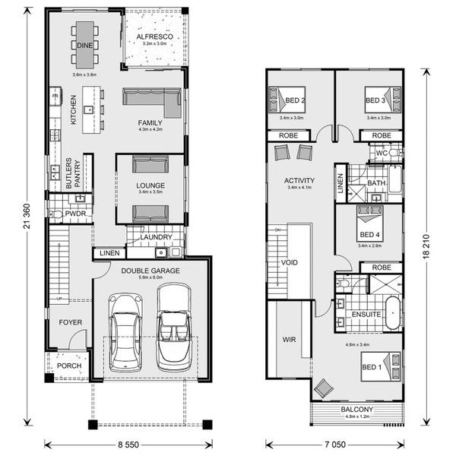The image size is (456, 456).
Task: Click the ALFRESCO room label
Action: [x=156, y=36]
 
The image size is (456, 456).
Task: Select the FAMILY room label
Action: [x=150, y=122]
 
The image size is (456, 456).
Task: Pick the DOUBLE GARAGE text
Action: [x=150, y=270]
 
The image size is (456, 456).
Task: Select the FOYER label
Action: [x=70, y=323]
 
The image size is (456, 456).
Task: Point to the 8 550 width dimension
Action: [x=127, y=442]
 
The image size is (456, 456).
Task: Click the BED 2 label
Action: [x=296, y=100]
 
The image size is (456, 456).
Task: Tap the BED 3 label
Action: [x=375, y=100]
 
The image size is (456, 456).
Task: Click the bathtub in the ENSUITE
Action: [x=393, y=313]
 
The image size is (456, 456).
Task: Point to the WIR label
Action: [x=289, y=340]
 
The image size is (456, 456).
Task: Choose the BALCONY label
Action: [x=356, y=410]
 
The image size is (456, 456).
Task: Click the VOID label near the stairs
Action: [x=288, y=263]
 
